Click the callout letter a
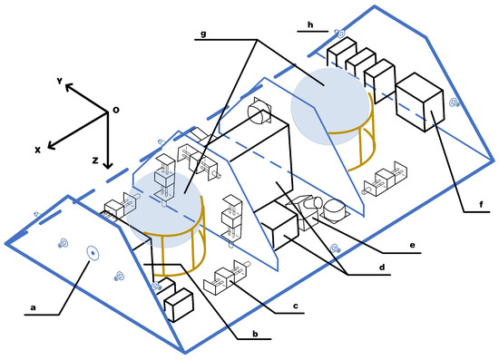click(33, 307)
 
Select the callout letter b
click(255, 334)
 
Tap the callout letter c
click(296, 306)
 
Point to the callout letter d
click(382, 267)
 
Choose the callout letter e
click(413, 245)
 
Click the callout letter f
click(481, 204)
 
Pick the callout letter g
click(203, 34)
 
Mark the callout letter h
click(310, 24)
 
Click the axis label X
click(37, 150)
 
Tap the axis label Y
click(60, 81)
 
